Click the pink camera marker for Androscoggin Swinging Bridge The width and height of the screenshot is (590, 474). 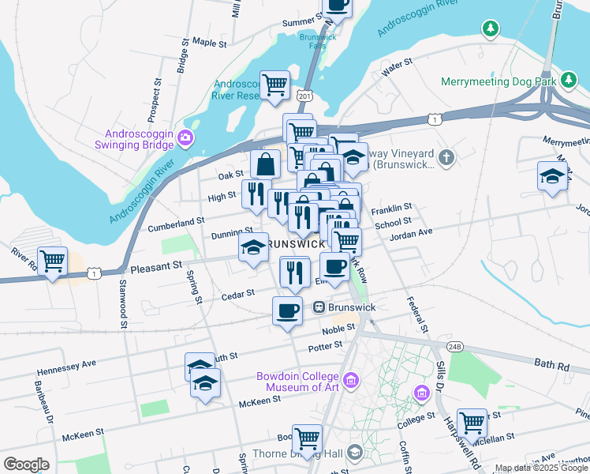[x=185, y=138]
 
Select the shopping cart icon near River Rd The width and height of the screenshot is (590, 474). [x=52, y=261]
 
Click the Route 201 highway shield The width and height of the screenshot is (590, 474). [x=304, y=96]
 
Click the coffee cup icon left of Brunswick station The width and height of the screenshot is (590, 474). [x=287, y=310]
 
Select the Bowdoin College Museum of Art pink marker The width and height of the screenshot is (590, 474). [x=351, y=382]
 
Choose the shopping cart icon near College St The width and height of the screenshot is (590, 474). [x=472, y=422]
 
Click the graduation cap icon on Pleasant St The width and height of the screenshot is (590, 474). [x=253, y=248]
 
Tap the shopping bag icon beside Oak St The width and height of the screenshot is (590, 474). [x=266, y=164]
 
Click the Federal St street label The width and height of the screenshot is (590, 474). [x=416, y=314]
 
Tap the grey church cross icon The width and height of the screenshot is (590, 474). [x=447, y=157]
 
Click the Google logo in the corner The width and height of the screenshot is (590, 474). [x=26, y=465]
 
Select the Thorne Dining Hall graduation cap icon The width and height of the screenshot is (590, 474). [x=354, y=452]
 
